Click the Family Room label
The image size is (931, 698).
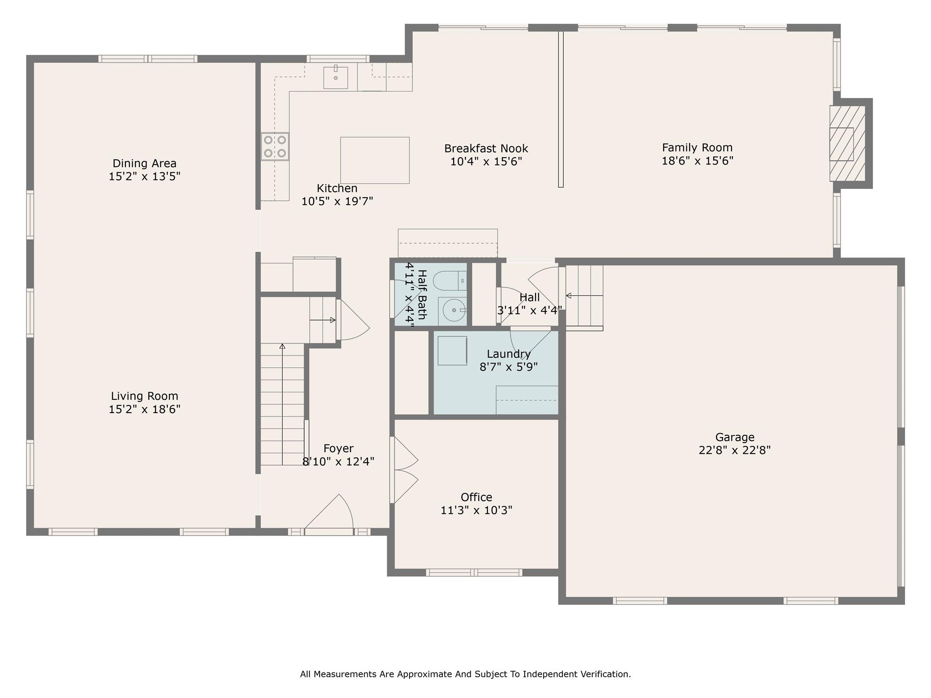click(x=697, y=148)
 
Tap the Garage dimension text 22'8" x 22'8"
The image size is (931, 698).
click(x=735, y=450)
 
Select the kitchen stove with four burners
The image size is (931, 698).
click(x=275, y=146)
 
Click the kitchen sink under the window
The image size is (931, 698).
click(x=335, y=78)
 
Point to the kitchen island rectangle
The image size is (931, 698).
click(x=375, y=160)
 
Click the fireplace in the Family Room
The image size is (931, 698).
click(x=847, y=144)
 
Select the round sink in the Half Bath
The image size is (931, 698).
click(x=454, y=310)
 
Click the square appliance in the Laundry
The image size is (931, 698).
click(x=452, y=350)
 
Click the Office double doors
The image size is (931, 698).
click(x=404, y=470)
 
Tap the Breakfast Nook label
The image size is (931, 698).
click(x=486, y=149)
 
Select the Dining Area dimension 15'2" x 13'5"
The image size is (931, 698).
click(x=145, y=176)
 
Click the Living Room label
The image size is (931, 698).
click(x=145, y=396)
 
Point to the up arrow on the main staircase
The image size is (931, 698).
click(x=282, y=404)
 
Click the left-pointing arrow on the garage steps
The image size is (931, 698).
click(x=584, y=296)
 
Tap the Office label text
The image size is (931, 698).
click(x=476, y=497)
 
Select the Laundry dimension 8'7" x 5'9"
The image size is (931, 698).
click(x=509, y=367)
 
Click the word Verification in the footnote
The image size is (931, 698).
click(x=606, y=674)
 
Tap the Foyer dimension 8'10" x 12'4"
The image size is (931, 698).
click(x=339, y=462)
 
